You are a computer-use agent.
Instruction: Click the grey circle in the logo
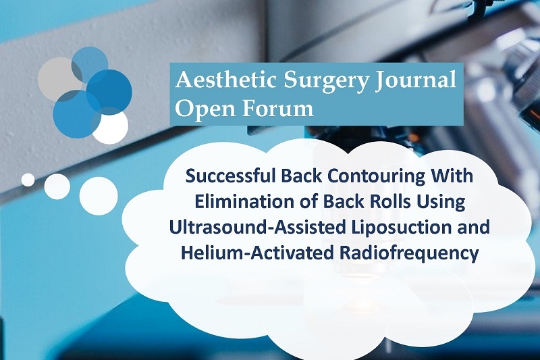[59, 78]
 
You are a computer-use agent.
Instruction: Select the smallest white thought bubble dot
[28, 180]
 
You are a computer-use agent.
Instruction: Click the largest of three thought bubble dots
[99, 196]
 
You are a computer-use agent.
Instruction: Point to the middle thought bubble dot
[57, 186]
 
